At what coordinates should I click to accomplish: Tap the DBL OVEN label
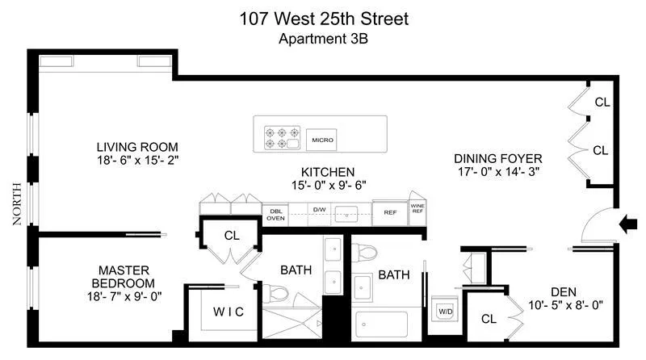(275, 213)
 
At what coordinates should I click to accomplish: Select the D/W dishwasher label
(320, 209)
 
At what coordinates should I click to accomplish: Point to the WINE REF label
(417, 208)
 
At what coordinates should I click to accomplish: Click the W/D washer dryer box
(445, 311)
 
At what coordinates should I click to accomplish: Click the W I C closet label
(229, 312)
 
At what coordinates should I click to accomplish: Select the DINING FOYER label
(497, 158)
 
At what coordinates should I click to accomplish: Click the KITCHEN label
(328, 172)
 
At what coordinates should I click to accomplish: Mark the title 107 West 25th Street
(323, 18)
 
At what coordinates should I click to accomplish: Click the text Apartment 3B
(323, 38)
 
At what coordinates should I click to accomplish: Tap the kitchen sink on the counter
(350, 213)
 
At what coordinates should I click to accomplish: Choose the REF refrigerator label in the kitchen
(390, 213)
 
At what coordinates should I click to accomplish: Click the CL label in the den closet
(489, 319)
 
